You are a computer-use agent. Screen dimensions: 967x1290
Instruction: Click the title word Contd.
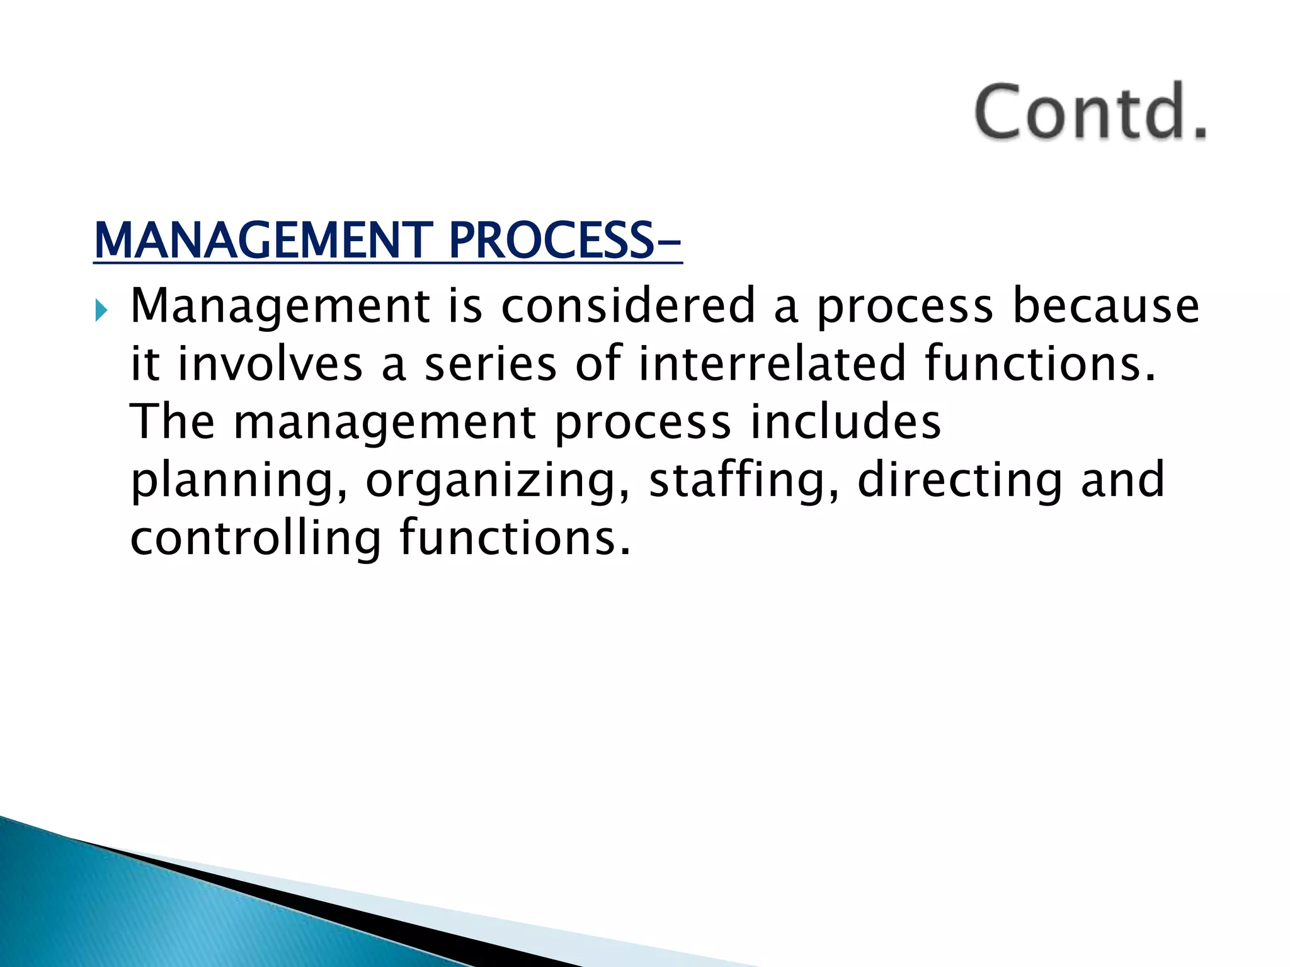tap(1090, 112)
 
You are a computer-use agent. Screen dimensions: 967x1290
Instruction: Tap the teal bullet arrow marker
tap(101, 310)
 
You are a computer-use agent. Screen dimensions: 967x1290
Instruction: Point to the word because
tap(1105, 306)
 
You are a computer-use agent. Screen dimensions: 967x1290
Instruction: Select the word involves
tap(270, 364)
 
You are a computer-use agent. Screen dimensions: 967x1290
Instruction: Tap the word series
tap(490, 364)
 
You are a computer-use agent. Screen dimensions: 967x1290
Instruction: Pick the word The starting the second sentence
tap(172, 422)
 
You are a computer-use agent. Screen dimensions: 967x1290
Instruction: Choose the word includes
tap(845, 422)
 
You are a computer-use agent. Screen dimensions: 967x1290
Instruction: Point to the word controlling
tap(255, 538)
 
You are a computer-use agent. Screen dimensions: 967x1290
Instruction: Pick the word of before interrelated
tap(598, 364)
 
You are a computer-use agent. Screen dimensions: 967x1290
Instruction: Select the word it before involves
tap(144, 364)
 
